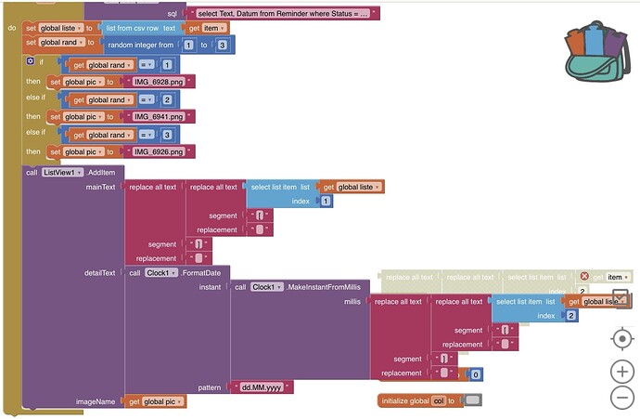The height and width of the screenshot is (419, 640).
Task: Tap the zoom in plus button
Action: (621, 372)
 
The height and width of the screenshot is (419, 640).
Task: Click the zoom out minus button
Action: (621, 399)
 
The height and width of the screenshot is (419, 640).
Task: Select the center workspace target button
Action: (621, 337)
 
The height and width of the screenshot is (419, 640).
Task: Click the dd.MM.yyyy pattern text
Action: (262, 386)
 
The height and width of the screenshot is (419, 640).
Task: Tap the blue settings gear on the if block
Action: (31, 61)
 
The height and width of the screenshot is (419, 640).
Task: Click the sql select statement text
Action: (283, 14)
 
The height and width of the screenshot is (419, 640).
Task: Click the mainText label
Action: (100, 187)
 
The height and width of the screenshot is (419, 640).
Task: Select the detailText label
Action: (100, 272)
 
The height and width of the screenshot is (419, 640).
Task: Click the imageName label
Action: (96, 400)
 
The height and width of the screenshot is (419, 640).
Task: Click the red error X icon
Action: (584, 276)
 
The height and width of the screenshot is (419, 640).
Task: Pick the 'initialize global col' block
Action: (417, 400)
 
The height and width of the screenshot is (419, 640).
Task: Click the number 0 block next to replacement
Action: (474, 373)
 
